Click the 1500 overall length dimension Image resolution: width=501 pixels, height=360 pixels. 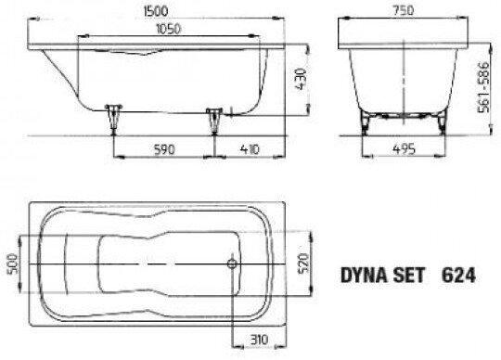pyautogui.click(x=156, y=11)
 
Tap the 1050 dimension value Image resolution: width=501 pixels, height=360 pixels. pyautogui.click(x=168, y=29)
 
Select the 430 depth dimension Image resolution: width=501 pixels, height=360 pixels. pyautogui.click(x=301, y=79)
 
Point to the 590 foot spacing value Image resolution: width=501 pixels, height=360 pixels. pyautogui.click(x=164, y=149)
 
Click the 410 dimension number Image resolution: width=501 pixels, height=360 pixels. pyautogui.click(x=250, y=149)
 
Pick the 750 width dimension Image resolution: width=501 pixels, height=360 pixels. pyautogui.click(x=403, y=10)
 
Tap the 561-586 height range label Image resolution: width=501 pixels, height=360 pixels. pyautogui.click(x=483, y=87)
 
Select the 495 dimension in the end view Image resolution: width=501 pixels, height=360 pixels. pyautogui.click(x=404, y=148)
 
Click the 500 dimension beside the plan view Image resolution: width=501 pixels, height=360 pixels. pyautogui.click(x=12, y=264)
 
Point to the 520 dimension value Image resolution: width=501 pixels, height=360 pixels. pyautogui.click(x=304, y=264)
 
